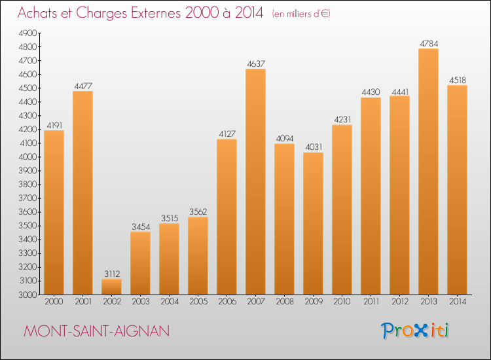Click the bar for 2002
coord(111,287)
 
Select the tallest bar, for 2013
coord(428,171)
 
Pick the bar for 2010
coord(342,209)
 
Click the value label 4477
coord(82,85)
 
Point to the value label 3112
coord(111,274)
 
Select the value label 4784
coord(428,43)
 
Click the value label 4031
coord(313,147)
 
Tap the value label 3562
coord(198,211)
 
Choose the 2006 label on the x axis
coord(227,302)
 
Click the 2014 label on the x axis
coord(457,302)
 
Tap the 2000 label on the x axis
coord(54,302)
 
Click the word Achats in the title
coord(40,13)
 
